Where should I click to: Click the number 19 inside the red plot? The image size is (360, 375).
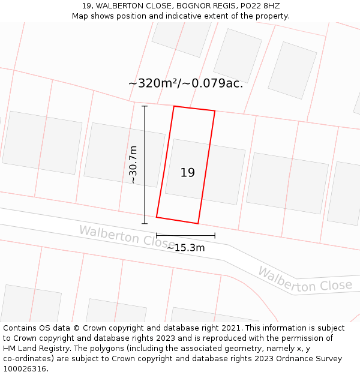point(188,173)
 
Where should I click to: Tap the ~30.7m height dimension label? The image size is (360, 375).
point(133,164)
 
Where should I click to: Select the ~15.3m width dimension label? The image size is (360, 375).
point(185,248)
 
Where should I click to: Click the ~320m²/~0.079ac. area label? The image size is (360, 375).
point(185,83)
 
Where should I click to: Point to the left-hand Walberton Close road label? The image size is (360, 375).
point(126,236)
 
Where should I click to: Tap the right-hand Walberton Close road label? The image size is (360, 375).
point(305,281)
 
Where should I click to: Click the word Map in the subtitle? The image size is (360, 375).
point(80,16)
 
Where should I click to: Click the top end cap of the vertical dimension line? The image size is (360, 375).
point(145,106)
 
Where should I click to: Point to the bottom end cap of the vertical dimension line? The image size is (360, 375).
point(145,224)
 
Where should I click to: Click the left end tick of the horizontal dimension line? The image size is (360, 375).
point(157,235)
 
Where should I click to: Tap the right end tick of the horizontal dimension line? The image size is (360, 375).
point(215,235)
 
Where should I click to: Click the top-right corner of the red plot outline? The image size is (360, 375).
point(215,111)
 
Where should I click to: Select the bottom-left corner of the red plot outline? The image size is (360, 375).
point(157,217)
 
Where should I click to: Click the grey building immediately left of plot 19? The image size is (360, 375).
point(124,155)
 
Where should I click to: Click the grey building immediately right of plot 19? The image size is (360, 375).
point(287,183)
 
